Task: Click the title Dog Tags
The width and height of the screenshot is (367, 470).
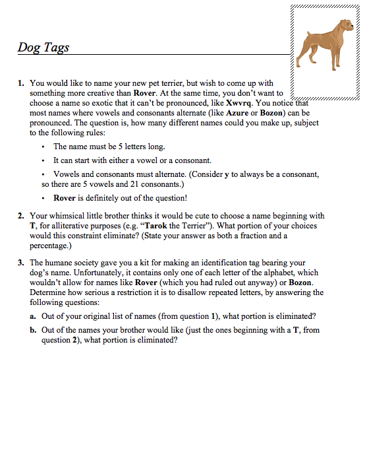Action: click(43, 48)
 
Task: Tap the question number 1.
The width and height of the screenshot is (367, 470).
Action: click(20, 83)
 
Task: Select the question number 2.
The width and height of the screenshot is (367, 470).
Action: click(20, 215)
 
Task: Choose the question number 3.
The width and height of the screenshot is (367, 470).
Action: click(20, 263)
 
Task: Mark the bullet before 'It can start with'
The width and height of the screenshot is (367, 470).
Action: click(43, 160)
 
